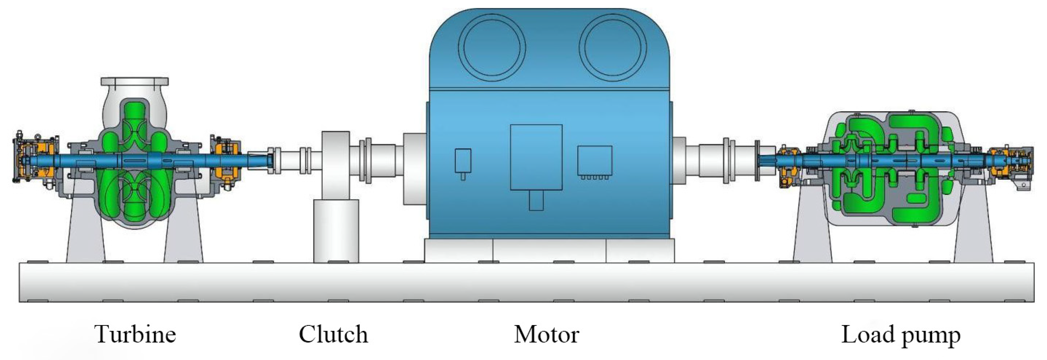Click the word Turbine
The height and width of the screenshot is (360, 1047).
[135, 334]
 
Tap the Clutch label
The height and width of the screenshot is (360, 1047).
[333, 334]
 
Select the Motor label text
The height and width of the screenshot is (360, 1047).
[546, 334]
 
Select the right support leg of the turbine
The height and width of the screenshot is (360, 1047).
[184, 232]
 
